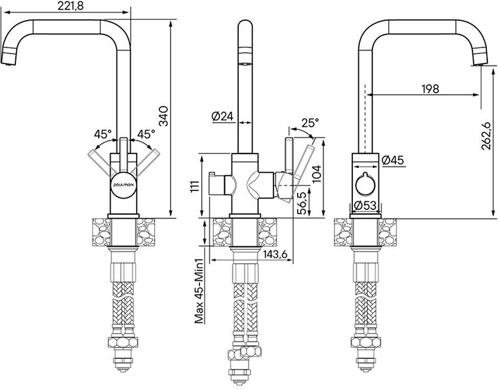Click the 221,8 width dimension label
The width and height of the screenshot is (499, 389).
70,6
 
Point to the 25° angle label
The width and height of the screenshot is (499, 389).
310,123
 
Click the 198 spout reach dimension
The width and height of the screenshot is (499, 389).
430,89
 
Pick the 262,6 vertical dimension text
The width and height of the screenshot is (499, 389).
486,136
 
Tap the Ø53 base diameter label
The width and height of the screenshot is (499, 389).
365,205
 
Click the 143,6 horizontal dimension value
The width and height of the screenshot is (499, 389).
276,254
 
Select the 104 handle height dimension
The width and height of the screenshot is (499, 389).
316,174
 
